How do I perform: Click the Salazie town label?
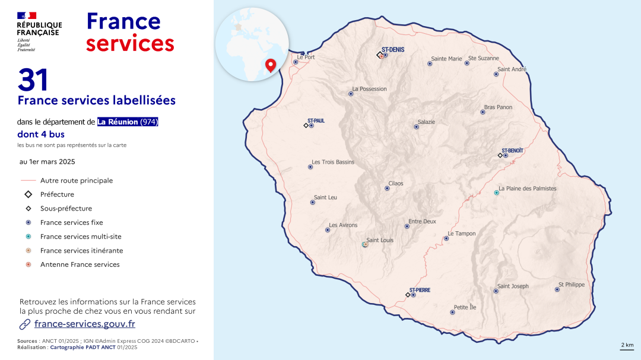click(x=426, y=122)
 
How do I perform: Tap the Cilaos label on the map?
click(x=395, y=184)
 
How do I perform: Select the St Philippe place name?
click(x=571, y=285)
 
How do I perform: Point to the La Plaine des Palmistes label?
click(x=528, y=189)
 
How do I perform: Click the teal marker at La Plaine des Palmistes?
click(x=496, y=193)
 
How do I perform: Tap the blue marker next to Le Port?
click(x=296, y=62)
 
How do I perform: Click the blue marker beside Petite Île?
click(x=452, y=312)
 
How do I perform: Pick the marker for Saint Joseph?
click(x=496, y=291)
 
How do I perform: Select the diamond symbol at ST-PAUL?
click(x=306, y=126)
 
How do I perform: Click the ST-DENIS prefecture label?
click(x=392, y=50)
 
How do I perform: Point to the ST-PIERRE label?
click(x=420, y=290)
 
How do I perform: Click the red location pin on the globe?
click(x=271, y=65)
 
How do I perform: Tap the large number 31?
click(x=33, y=79)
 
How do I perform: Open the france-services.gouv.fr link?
click(x=85, y=324)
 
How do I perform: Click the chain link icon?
click(x=25, y=324)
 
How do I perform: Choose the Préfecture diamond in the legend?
click(x=28, y=195)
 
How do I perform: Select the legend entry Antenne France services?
click(x=80, y=265)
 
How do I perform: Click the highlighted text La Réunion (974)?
click(x=128, y=122)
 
